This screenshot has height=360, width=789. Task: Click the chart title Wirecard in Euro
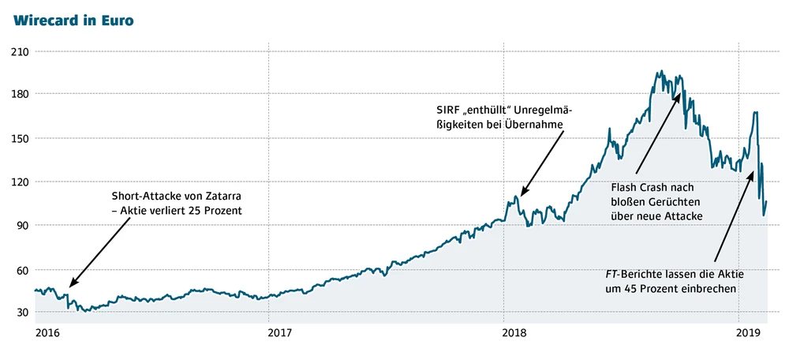[x=73, y=21]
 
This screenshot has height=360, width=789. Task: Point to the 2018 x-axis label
[x=514, y=334]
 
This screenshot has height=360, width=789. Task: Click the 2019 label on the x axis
[x=750, y=334]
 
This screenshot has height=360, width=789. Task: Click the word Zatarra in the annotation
[x=222, y=194]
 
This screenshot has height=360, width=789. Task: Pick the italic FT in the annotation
[x=611, y=274]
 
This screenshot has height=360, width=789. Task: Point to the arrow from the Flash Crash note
[x=657, y=131]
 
